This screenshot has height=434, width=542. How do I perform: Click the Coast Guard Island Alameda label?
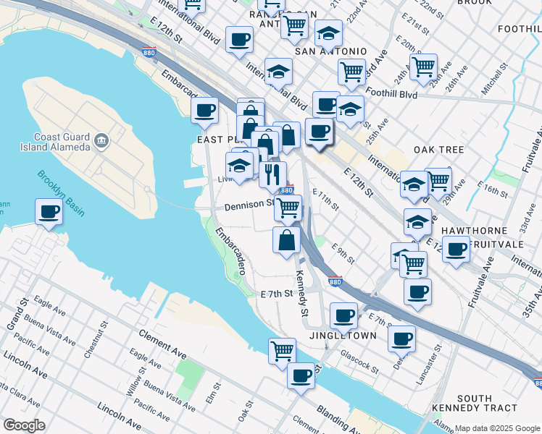62,142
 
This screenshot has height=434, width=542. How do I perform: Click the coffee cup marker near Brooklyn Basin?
49,212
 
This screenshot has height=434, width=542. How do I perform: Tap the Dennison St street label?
249,205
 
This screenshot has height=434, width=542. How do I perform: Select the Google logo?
24,425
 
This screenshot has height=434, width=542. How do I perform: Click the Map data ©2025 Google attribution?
497,427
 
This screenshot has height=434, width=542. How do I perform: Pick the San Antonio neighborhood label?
330,52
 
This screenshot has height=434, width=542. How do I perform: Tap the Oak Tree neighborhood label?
438,150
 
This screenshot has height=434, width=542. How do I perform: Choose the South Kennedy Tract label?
485,403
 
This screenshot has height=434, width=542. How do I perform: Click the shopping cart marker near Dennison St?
288,208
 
